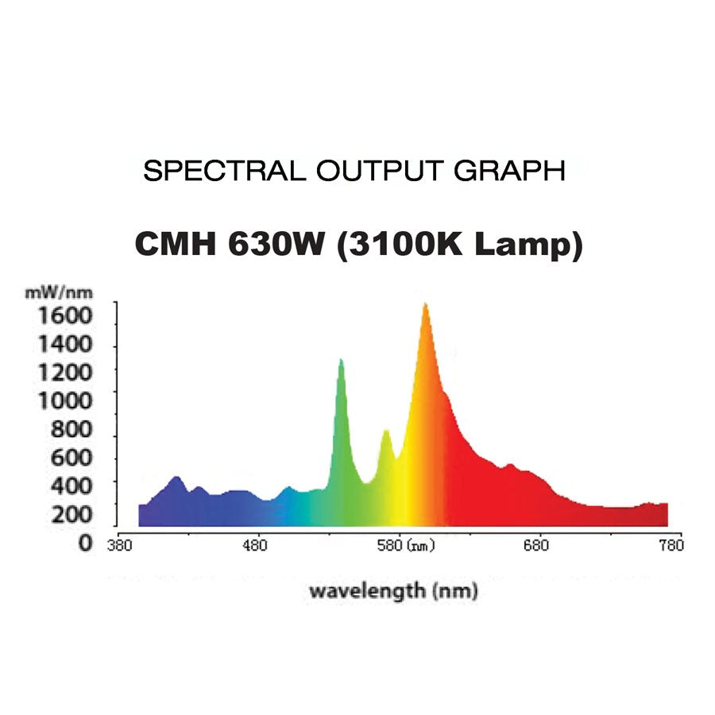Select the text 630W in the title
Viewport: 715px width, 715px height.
pos(274,244)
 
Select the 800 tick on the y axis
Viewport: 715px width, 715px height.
pos(72,430)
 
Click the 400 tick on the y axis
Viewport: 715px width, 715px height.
pos(72,484)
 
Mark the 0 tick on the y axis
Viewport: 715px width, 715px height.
pos(84,545)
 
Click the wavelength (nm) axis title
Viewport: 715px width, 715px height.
pos(392,591)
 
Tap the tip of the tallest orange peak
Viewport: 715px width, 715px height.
pos(426,304)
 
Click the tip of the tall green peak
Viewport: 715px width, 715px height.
pos(341,360)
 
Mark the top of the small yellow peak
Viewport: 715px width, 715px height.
pos(386,431)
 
